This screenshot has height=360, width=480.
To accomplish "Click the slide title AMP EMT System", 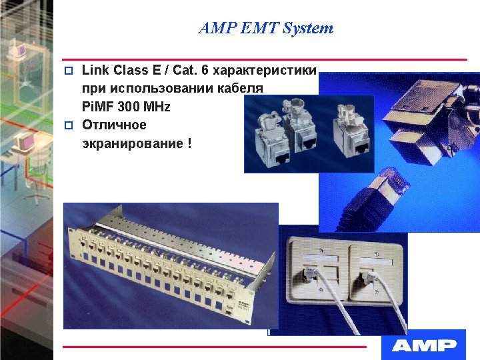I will tap(266, 28).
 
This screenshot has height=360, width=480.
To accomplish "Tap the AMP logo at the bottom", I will tap(424, 345).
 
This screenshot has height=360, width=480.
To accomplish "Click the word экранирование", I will tap(131, 143).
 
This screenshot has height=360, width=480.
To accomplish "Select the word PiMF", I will tap(98, 107).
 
